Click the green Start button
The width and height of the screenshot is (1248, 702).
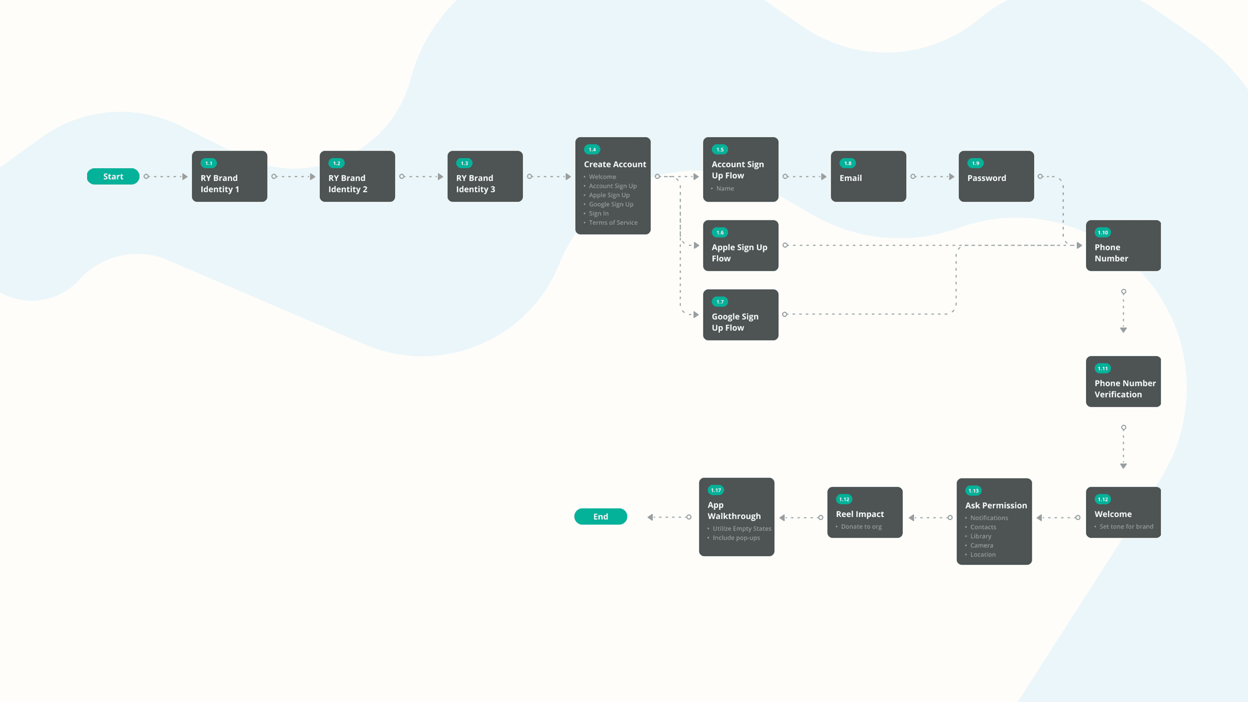tap(113, 177)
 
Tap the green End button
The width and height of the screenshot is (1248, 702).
tap(600, 517)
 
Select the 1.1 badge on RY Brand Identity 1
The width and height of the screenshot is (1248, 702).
tap(208, 163)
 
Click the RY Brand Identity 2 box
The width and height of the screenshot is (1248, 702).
tap(357, 177)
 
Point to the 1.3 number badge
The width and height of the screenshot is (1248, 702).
tap(464, 163)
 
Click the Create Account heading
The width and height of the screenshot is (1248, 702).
tap(615, 164)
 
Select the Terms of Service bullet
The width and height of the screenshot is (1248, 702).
tap(613, 222)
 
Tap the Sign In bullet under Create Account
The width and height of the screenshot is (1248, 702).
tap(598, 213)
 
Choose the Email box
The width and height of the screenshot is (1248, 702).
tap(868, 177)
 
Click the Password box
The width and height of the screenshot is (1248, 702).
tap(996, 177)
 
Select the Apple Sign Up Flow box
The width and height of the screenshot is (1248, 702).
tap(740, 246)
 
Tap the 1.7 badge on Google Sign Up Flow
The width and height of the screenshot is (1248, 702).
tap(720, 302)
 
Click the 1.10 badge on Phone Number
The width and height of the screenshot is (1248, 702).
tap(1102, 233)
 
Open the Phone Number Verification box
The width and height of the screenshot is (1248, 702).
tap(1123, 382)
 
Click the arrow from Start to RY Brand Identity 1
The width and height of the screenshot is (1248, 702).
tap(166, 177)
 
